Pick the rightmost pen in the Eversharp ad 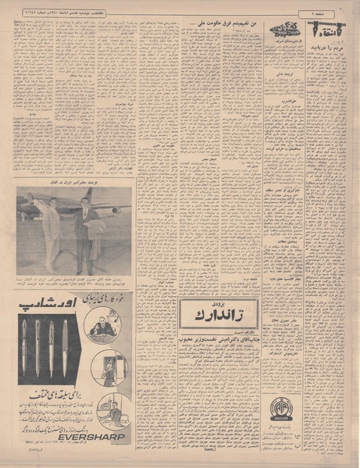coord(66,345)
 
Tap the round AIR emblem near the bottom coord(279,409)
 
